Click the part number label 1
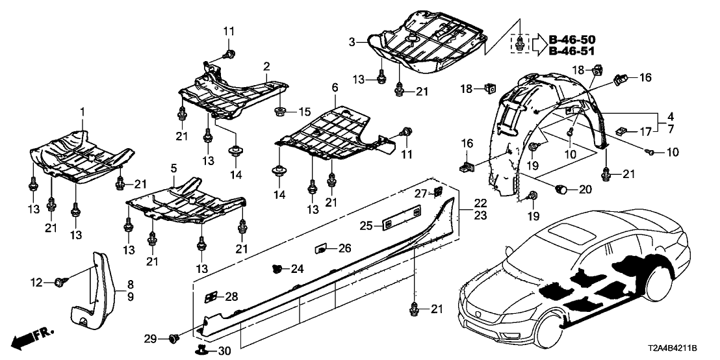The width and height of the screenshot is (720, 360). coord(83,113)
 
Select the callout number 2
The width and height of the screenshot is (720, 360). coord(266,66)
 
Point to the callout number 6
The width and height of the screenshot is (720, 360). coord(335,105)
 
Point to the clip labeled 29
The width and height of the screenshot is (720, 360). coord(174,338)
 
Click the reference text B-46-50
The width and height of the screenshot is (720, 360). coord(572,40)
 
